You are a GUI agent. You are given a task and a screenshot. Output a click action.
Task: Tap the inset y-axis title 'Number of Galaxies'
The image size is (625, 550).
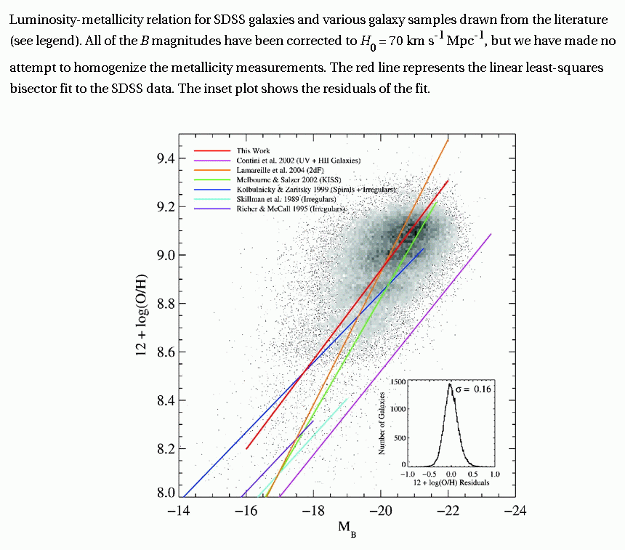click(380, 422)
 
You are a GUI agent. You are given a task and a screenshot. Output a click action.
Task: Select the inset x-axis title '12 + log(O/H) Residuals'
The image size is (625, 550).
click(448, 482)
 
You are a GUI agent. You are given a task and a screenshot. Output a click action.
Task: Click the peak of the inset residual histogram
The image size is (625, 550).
click(450, 384)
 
